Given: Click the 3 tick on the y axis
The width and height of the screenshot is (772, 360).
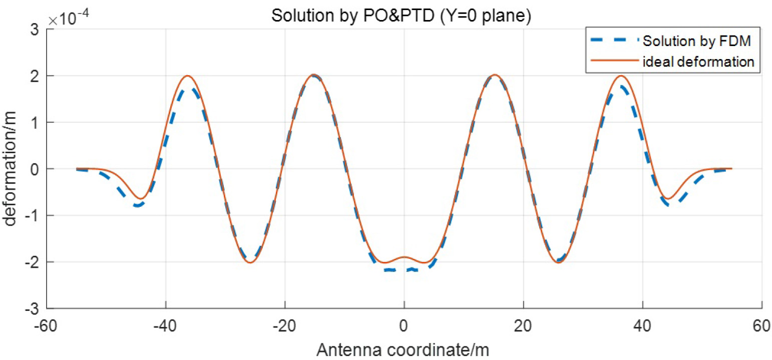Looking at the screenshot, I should tap(36, 29).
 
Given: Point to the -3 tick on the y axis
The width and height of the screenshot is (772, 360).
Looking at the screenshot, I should tap(33, 308).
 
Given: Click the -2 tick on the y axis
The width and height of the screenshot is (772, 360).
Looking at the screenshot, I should tap(33, 262).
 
